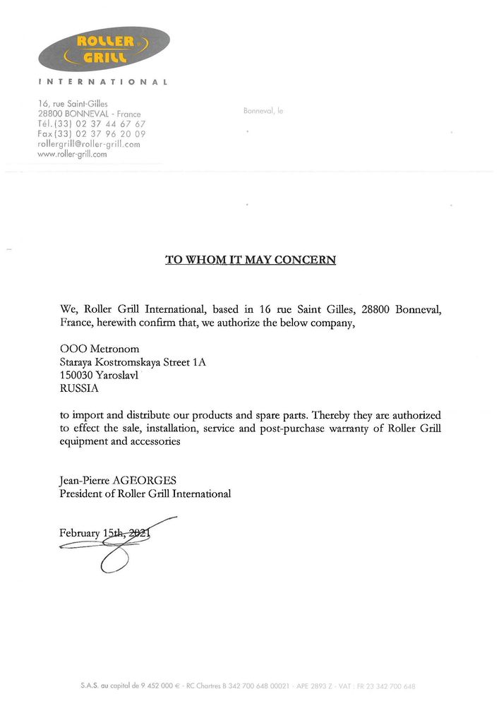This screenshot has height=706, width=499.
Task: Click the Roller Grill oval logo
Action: click(x=104, y=49)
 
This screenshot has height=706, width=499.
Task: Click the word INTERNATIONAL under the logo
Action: click(x=103, y=83)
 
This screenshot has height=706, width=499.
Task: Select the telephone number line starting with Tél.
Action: click(x=92, y=124)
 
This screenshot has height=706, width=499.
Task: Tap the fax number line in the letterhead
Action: click(x=92, y=133)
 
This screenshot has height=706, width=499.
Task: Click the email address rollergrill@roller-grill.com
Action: click(x=89, y=143)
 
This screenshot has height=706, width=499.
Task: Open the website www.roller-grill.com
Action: click(x=72, y=153)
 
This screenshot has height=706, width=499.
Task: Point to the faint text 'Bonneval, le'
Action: click(x=263, y=111)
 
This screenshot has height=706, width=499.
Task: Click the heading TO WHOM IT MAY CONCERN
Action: click(x=251, y=260)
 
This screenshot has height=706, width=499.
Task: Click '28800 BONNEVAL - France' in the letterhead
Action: click(x=90, y=114)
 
